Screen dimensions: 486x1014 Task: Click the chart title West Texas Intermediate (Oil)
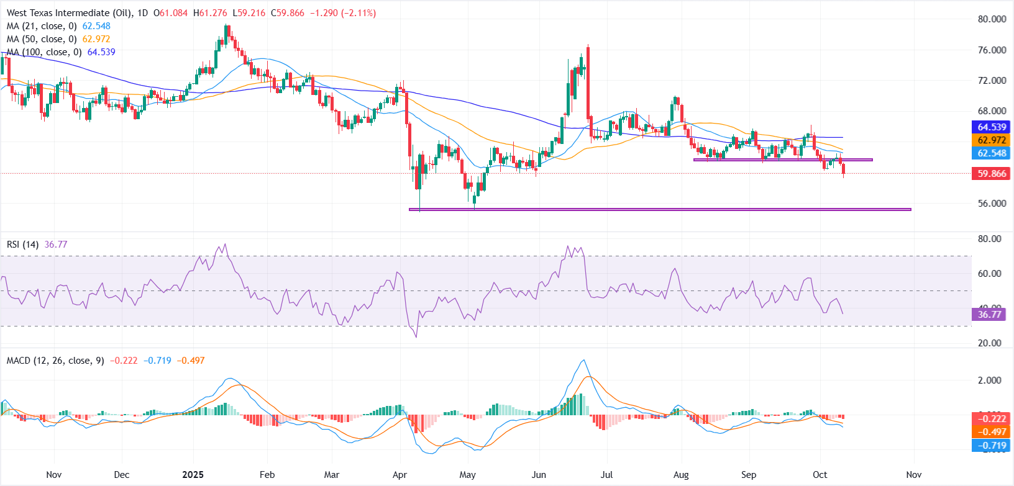pyautogui.click(x=68, y=12)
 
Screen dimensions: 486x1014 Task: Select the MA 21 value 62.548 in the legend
pyautogui.click(x=96, y=26)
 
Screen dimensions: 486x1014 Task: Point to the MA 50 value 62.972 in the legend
pyautogui.click(x=96, y=39)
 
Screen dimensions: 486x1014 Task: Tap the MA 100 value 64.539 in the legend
pyautogui.click(x=101, y=52)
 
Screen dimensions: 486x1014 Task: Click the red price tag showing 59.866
pyautogui.click(x=992, y=174)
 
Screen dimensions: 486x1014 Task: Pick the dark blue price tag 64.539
pyautogui.click(x=992, y=127)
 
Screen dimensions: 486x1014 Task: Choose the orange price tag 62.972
pyautogui.click(x=992, y=140)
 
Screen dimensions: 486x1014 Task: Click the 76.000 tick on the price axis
pyautogui.click(x=992, y=50)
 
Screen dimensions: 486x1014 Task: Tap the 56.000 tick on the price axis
pyautogui.click(x=992, y=203)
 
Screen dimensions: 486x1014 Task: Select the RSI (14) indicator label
pyautogui.click(x=22, y=245)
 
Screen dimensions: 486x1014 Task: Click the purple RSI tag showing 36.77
pyautogui.click(x=989, y=314)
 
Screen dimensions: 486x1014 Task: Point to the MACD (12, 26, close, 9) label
pyautogui.click(x=55, y=361)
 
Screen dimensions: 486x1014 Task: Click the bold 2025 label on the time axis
pyautogui.click(x=193, y=475)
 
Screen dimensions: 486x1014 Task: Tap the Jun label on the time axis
pyautogui.click(x=539, y=475)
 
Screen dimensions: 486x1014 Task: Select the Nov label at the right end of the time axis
pyautogui.click(x=913, y=475)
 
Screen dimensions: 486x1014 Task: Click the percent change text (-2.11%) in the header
pyautogui.click(x=359, y=13)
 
